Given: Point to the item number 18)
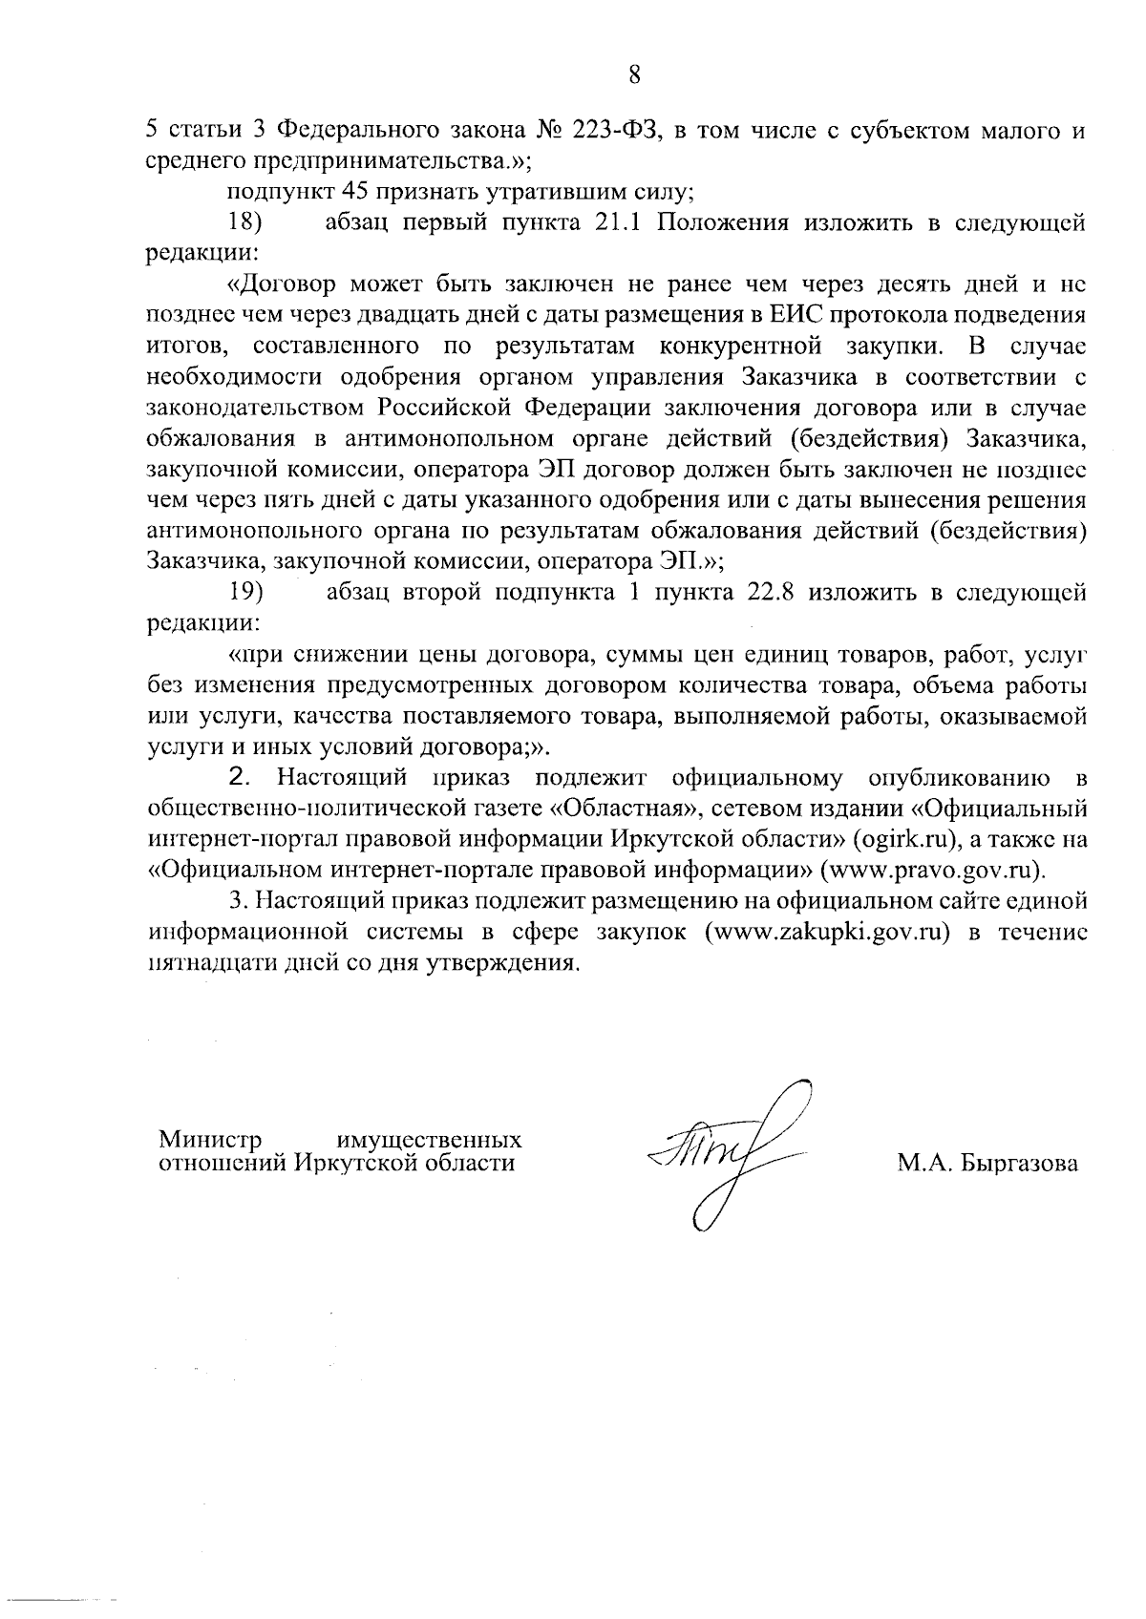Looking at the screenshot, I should [x=245, y=223].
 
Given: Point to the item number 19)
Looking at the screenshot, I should [x=245, y=592].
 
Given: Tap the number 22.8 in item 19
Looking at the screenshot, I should [x=766, y=592].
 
